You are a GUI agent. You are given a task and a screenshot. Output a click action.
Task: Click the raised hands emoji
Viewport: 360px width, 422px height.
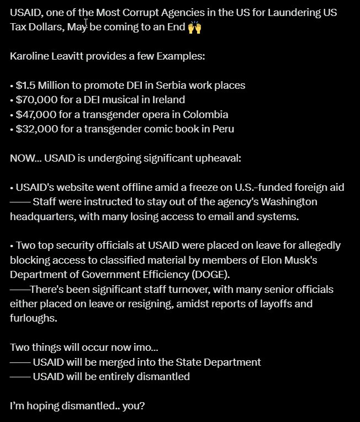[x=194, y=27]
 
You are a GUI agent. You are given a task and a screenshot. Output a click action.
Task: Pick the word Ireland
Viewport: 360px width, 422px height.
[x=167, y=100]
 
